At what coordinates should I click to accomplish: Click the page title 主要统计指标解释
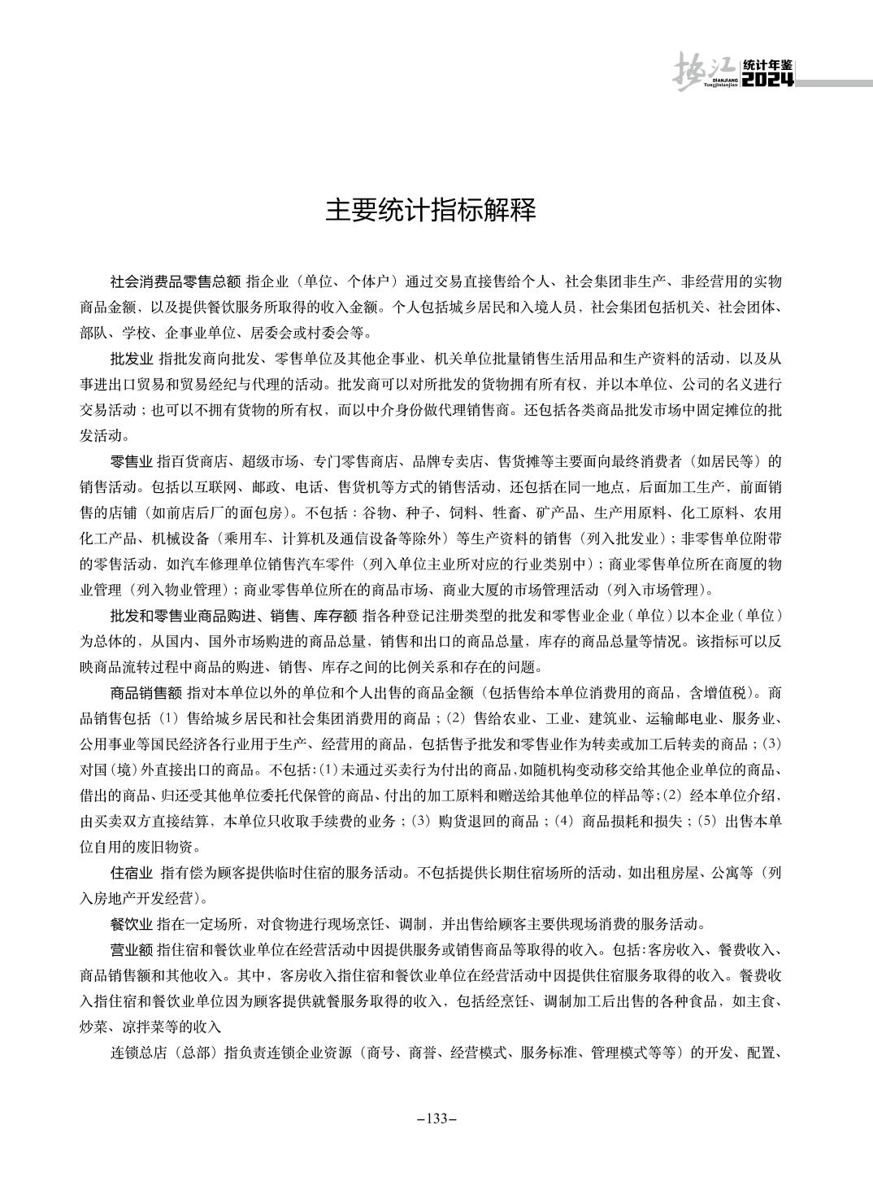coord(431,211)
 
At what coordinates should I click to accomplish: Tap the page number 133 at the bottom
coord(436,1118)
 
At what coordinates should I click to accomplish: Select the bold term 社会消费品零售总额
coord(176,282)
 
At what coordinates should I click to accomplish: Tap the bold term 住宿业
coord(132,873)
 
